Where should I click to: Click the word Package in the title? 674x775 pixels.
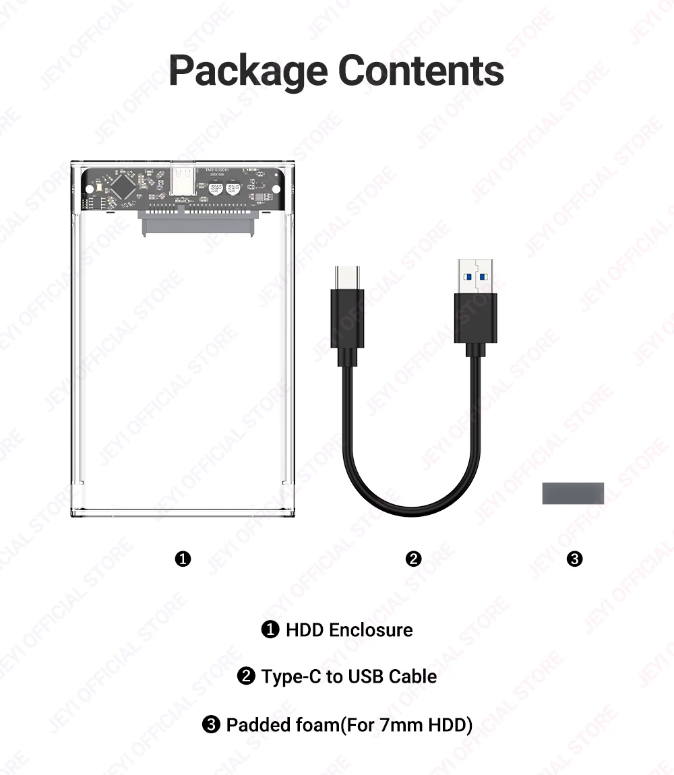tap(247, 71)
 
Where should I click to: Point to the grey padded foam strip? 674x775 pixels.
tap(573, 493)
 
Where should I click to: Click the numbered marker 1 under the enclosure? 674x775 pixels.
tap(183, 559)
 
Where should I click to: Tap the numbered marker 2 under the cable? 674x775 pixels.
tap(414, 559)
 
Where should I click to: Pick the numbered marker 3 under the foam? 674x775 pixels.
tap(575, 559)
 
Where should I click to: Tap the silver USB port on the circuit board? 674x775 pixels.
tap(183, 181)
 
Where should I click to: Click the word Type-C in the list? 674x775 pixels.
tap(291, 677)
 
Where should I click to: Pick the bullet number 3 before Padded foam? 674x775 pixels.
tap(212, 725)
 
